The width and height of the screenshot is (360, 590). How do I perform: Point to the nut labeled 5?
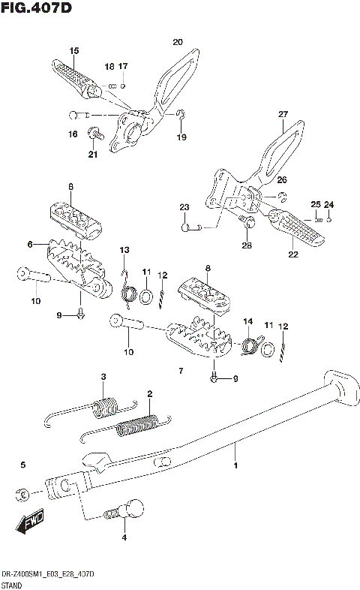[22, 494]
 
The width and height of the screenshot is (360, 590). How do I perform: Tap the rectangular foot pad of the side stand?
[338, 385]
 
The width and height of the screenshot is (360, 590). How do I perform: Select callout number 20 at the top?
[177, 41]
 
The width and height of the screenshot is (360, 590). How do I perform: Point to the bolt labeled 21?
[94, 136]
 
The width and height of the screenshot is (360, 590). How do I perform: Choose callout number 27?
[283, 114]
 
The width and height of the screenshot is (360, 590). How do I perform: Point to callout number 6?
[31, 244]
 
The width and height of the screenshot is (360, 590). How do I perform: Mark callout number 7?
[180, 371]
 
